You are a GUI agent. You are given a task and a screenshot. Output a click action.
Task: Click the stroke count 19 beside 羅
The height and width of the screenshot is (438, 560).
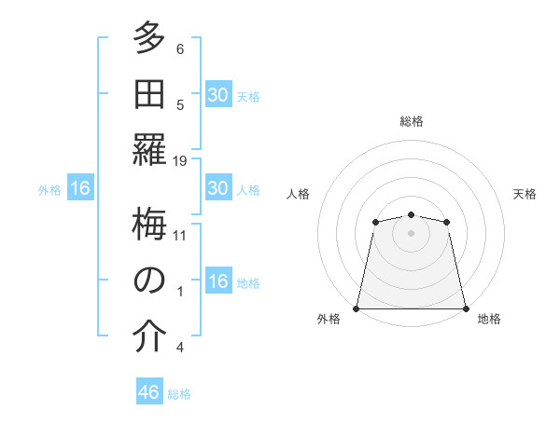[180, 160]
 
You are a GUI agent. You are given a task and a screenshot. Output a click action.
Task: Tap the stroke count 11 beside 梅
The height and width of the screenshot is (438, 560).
[180, 235]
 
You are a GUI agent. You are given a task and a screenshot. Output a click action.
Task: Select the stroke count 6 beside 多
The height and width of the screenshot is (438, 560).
[180, 49]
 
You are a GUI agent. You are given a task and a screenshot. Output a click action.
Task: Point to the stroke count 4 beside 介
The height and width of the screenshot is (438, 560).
[180, 348]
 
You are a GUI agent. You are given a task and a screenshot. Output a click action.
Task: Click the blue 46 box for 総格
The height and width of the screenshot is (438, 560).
[149, 392]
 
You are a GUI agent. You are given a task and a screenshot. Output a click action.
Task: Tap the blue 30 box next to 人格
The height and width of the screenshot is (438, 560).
[217, 188]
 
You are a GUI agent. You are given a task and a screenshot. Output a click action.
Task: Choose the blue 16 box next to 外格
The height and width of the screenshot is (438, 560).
[80, 189]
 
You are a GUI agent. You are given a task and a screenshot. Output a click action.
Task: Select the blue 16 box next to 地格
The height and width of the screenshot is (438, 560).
[217, 281]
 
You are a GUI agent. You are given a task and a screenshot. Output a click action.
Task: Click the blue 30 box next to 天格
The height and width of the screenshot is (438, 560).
[217, 94]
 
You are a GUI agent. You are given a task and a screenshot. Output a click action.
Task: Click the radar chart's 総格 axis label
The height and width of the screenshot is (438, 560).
[412, 121]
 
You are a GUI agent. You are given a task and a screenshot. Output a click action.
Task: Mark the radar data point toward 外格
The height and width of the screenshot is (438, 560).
[357, 308]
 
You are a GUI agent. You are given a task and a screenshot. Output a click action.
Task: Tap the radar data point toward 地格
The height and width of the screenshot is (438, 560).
[465, 308]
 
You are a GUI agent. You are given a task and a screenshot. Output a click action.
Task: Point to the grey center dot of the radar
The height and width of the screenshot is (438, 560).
[411, 232]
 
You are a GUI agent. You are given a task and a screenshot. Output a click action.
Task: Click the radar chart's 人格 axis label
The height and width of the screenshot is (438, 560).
[298, 194]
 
